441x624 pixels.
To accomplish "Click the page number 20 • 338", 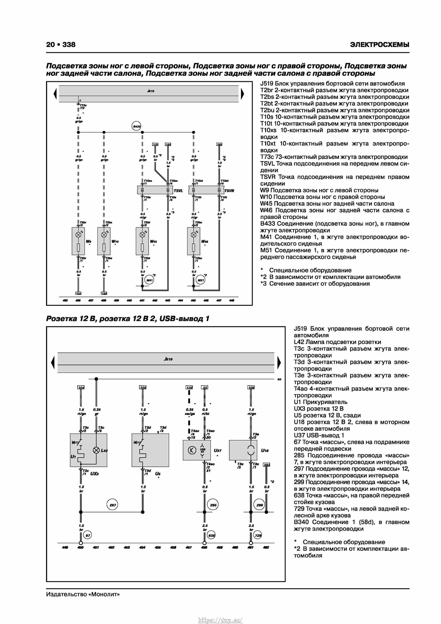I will click(x=61, y=45).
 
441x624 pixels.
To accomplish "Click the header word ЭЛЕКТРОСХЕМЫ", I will click(x=379, y=45).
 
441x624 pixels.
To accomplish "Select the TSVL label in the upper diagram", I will click(x=178, y=191).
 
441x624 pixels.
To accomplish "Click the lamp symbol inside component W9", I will click(x=78, y=235).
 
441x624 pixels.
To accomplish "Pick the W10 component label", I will click(x=115, y=241).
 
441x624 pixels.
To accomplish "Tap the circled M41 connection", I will click(x=149, y=280).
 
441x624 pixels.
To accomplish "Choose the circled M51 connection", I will click(x=200, y=280).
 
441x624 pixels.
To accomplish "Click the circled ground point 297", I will click(x=113, y=505).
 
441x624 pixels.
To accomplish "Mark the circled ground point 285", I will click(x=213, y=505).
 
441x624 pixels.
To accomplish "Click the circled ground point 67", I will click(x=88, y=535).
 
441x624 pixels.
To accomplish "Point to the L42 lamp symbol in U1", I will click(x=96, y=450).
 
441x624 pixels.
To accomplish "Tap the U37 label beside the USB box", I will click(x=217, y=450).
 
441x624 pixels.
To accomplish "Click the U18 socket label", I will click(x=265, y=450).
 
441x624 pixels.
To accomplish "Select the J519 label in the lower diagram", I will click(x=168, y=359).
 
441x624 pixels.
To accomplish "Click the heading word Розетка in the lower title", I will click(x=61, y=319).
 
